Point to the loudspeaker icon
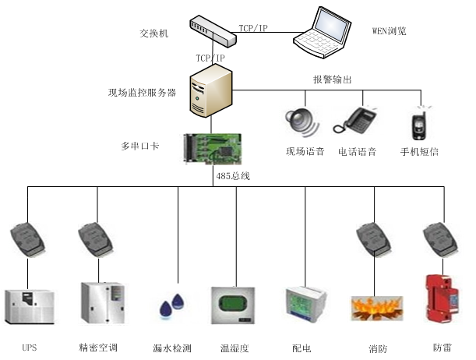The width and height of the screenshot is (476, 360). coord(300,121)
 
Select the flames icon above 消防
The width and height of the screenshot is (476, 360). coord(376,307)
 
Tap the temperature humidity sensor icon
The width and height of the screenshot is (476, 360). coord(234,305)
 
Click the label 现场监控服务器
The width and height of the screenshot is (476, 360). coord(142,92)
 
